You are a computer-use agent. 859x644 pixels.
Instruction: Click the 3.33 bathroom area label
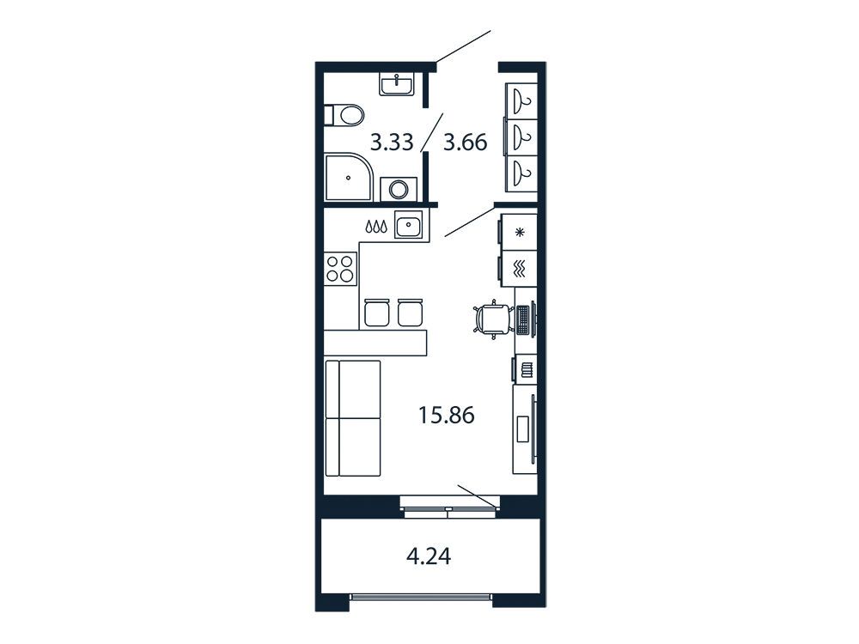point(391,143)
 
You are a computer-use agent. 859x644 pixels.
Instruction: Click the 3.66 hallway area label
point(465,143)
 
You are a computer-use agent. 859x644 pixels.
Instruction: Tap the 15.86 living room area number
point(447,415)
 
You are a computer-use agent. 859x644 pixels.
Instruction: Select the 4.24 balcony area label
point(429,556)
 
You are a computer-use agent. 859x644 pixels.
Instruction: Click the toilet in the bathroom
point(344,116)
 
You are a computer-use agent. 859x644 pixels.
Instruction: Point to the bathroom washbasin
point(397,85)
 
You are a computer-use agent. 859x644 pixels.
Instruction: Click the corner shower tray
point(349,177)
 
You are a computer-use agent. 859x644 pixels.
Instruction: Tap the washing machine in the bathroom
point(399,190)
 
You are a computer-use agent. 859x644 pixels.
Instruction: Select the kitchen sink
point(409,224)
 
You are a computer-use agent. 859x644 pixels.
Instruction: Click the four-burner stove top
point(339,269)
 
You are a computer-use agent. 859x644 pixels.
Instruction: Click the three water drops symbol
point(376,226)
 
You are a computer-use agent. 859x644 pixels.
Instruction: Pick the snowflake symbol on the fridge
point(520,232)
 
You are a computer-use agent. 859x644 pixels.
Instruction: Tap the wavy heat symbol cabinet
point(518,268)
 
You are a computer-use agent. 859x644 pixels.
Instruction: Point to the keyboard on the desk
point(523,319)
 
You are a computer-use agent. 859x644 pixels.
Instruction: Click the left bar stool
point(377,313)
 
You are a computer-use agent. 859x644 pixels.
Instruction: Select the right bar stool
point(411,313)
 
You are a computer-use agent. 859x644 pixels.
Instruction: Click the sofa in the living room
point(353,418)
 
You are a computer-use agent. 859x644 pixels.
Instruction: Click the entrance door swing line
point(463,47)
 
